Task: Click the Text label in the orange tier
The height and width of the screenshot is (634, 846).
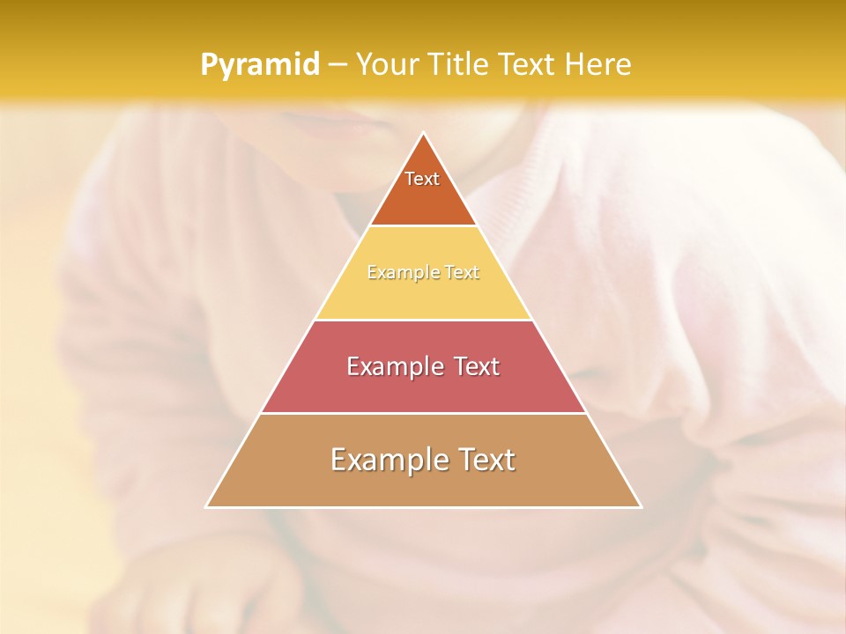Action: click(x=422, y=179)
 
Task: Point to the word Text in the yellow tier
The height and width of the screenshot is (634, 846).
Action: click(x=462, y=273)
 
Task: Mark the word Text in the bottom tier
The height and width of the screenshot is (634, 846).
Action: click(x=487, y=460)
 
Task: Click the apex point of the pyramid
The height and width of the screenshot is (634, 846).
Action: click(x=423, y=133)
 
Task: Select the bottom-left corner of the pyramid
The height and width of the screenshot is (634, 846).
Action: click(x=206, y=507)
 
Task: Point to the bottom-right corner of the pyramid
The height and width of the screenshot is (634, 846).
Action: click(x=641, y=507)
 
